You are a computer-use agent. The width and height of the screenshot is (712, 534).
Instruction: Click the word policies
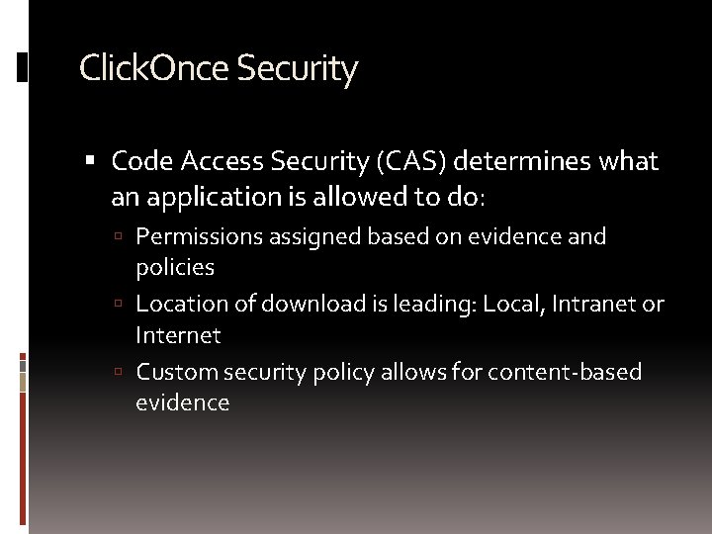[x=175, y=268]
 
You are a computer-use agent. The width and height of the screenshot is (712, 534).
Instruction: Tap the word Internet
[x=178, y=335]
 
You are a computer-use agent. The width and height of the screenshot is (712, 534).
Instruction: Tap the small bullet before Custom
[x=118, y=373]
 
